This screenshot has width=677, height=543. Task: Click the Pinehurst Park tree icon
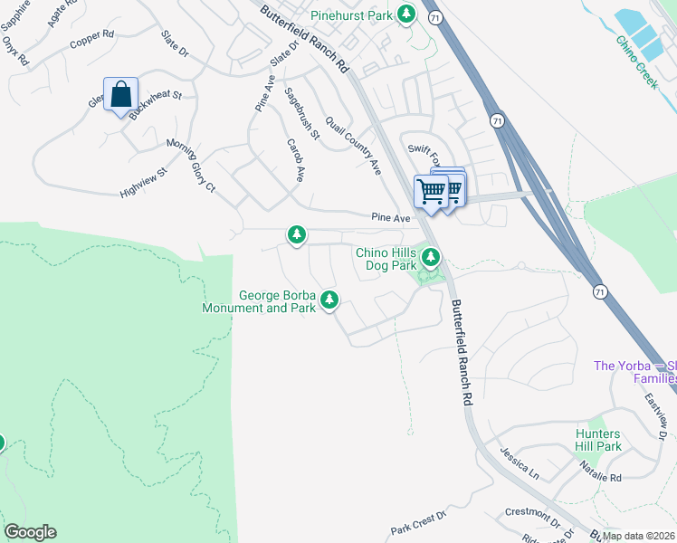pyautogui.click(x=408, y=14)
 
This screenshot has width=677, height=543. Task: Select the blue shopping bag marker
pyautogui.click(x=120, y=95)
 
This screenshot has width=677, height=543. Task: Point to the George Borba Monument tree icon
pyautogui.click(x=330, y=300)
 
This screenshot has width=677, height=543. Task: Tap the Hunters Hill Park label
pyautogui.click(x=598, y=440)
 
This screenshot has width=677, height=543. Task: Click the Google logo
pyautogui.click(x=30, y=532)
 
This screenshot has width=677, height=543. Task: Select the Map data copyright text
pyautogui.click(x=637, y=536)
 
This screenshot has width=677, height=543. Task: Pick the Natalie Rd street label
pyautogui.click(x=603, y=477)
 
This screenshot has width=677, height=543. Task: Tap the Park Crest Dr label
pyautogui.click(x=419, y=523)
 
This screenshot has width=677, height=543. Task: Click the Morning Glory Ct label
pyautogui.click(x=190, y=166)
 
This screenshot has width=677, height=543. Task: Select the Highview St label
pyautogui.click(x=144, y=182)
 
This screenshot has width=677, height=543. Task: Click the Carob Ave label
pyautogui.click(x=294, y=161)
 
